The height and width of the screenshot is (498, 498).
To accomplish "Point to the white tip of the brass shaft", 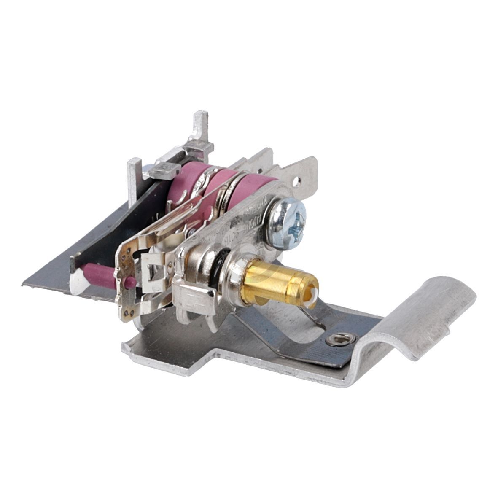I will coord(312,291).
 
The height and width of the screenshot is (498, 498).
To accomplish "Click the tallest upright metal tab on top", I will coord(201,127).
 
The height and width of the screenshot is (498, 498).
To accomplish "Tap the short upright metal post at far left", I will coord(135,177).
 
